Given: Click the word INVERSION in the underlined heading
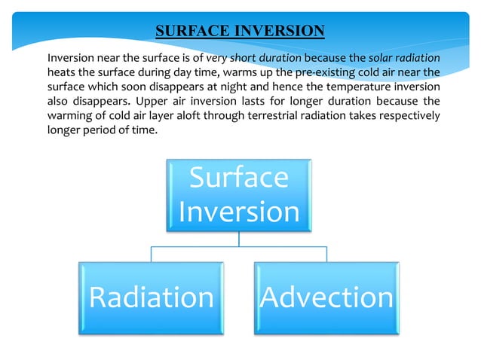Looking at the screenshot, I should pyautogui.click(x=279, y=31).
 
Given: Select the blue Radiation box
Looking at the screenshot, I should pyautogui.click(x=151, y=297).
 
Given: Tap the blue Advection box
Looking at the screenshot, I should pyautogui.click(x=326, y=297).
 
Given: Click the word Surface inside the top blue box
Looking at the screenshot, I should pyautogui.click(x=238, y=178).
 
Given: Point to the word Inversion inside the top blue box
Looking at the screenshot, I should pyautogui.click(x=238, y=212).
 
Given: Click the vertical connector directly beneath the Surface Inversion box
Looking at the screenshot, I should pyautogui.click(x=238, y=238).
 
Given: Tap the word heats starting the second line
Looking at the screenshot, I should pyautogui.click(x=61, y=72).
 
